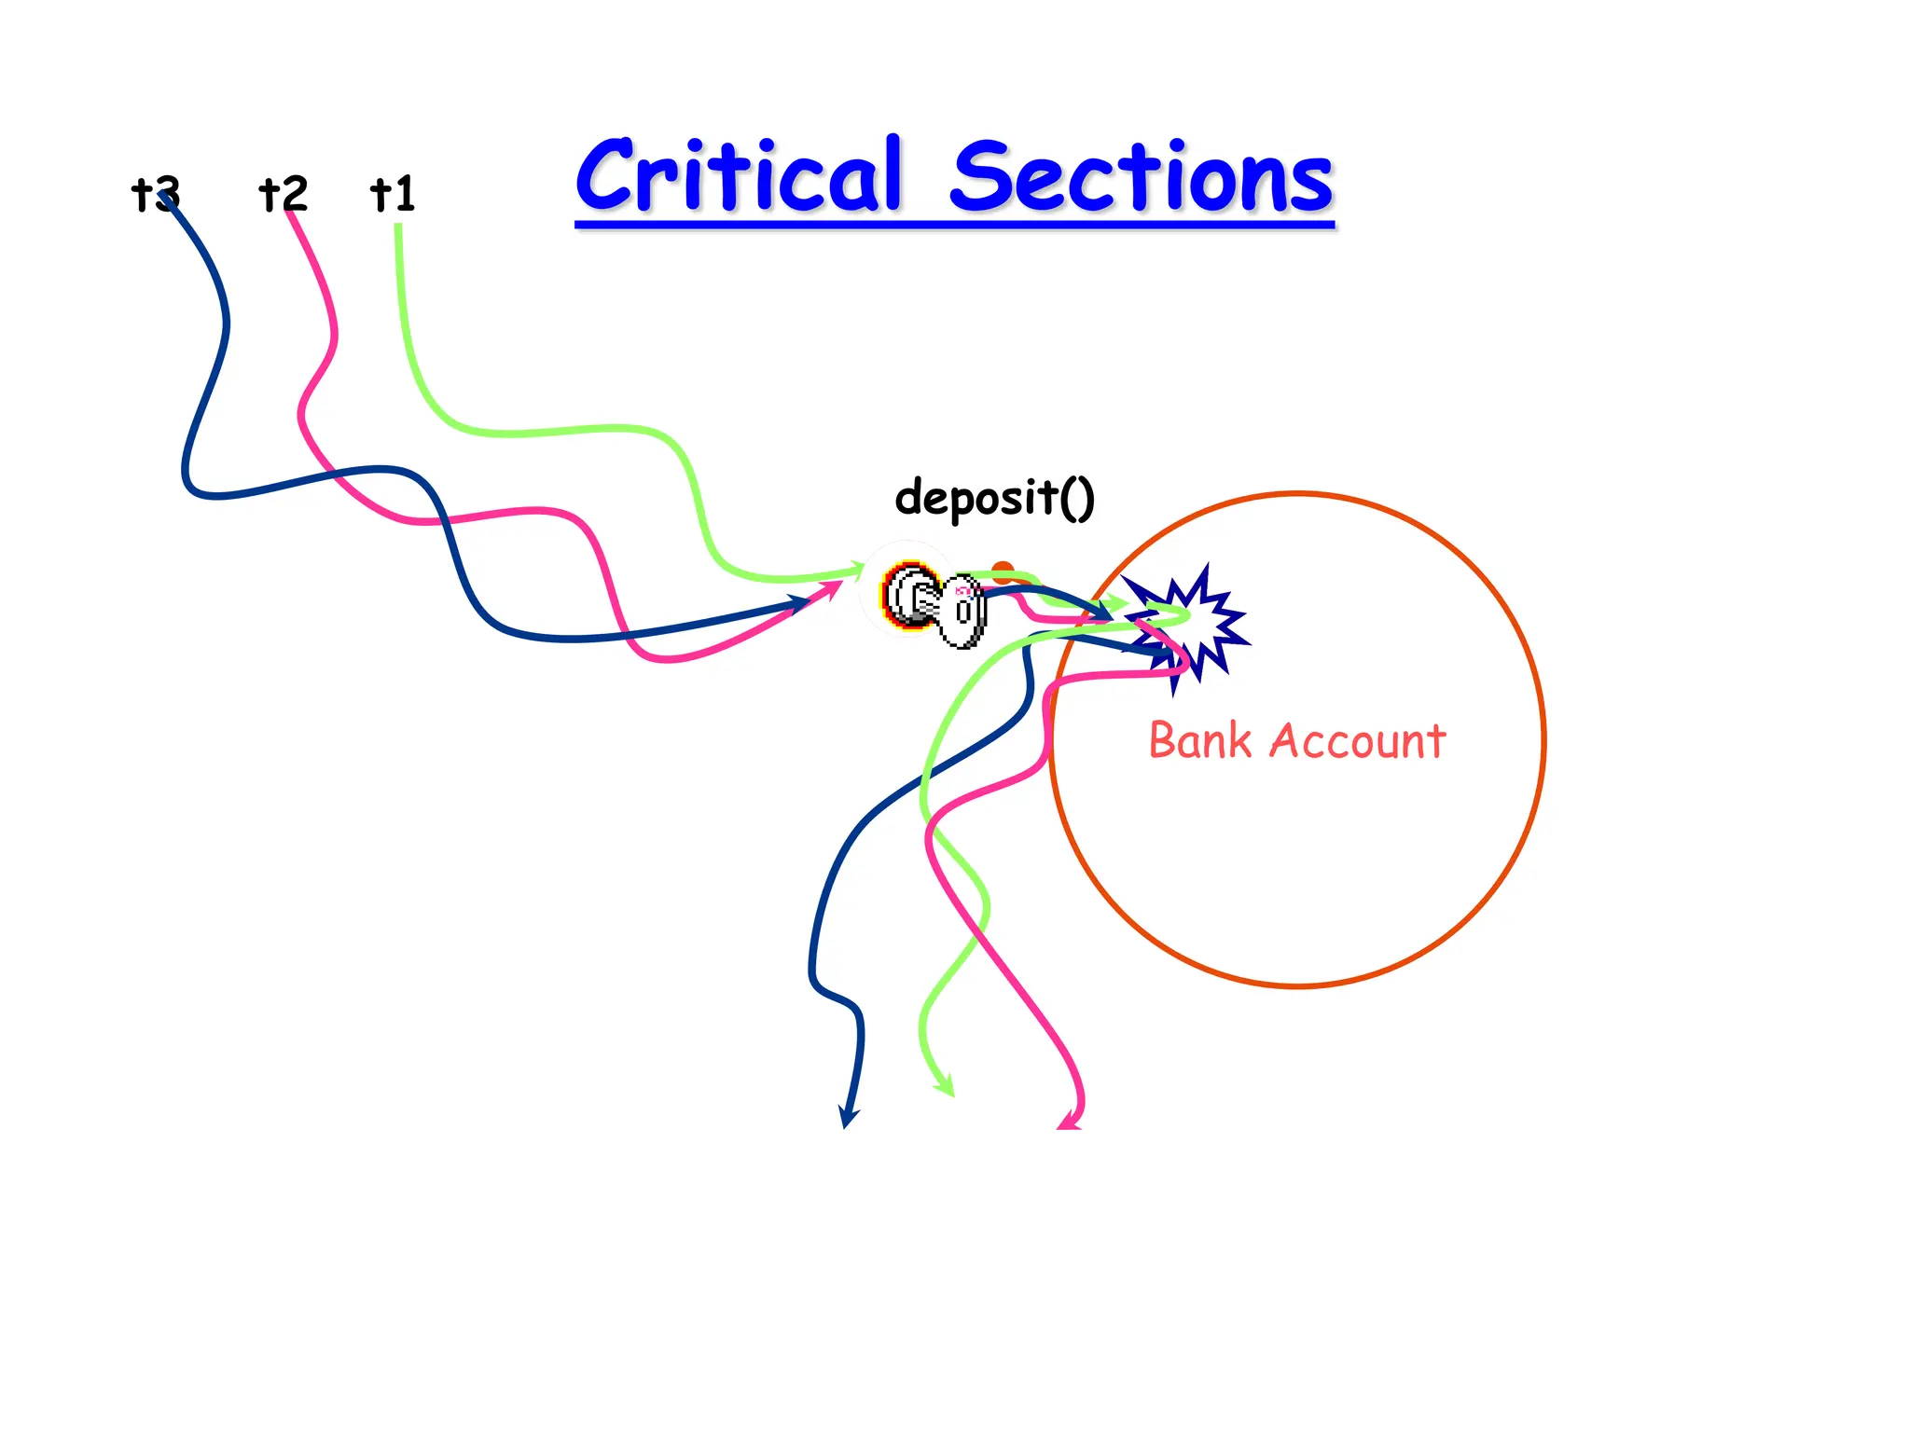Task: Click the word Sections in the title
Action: point(1142,177)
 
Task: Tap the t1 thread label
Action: point(393,194)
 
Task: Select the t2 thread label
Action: point(283,194)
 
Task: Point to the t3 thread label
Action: point(156,194)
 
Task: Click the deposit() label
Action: point(994,497)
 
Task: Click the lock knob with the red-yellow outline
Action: point(909,595)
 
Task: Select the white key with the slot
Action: point(962,611)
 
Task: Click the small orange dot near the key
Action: point(1003,571)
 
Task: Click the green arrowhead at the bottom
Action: point(947,1086)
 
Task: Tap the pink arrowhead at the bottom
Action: point(1070,1121)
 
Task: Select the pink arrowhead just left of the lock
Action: point(831,589)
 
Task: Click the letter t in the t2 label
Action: point(269,194)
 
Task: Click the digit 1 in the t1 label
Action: point(404,194)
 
